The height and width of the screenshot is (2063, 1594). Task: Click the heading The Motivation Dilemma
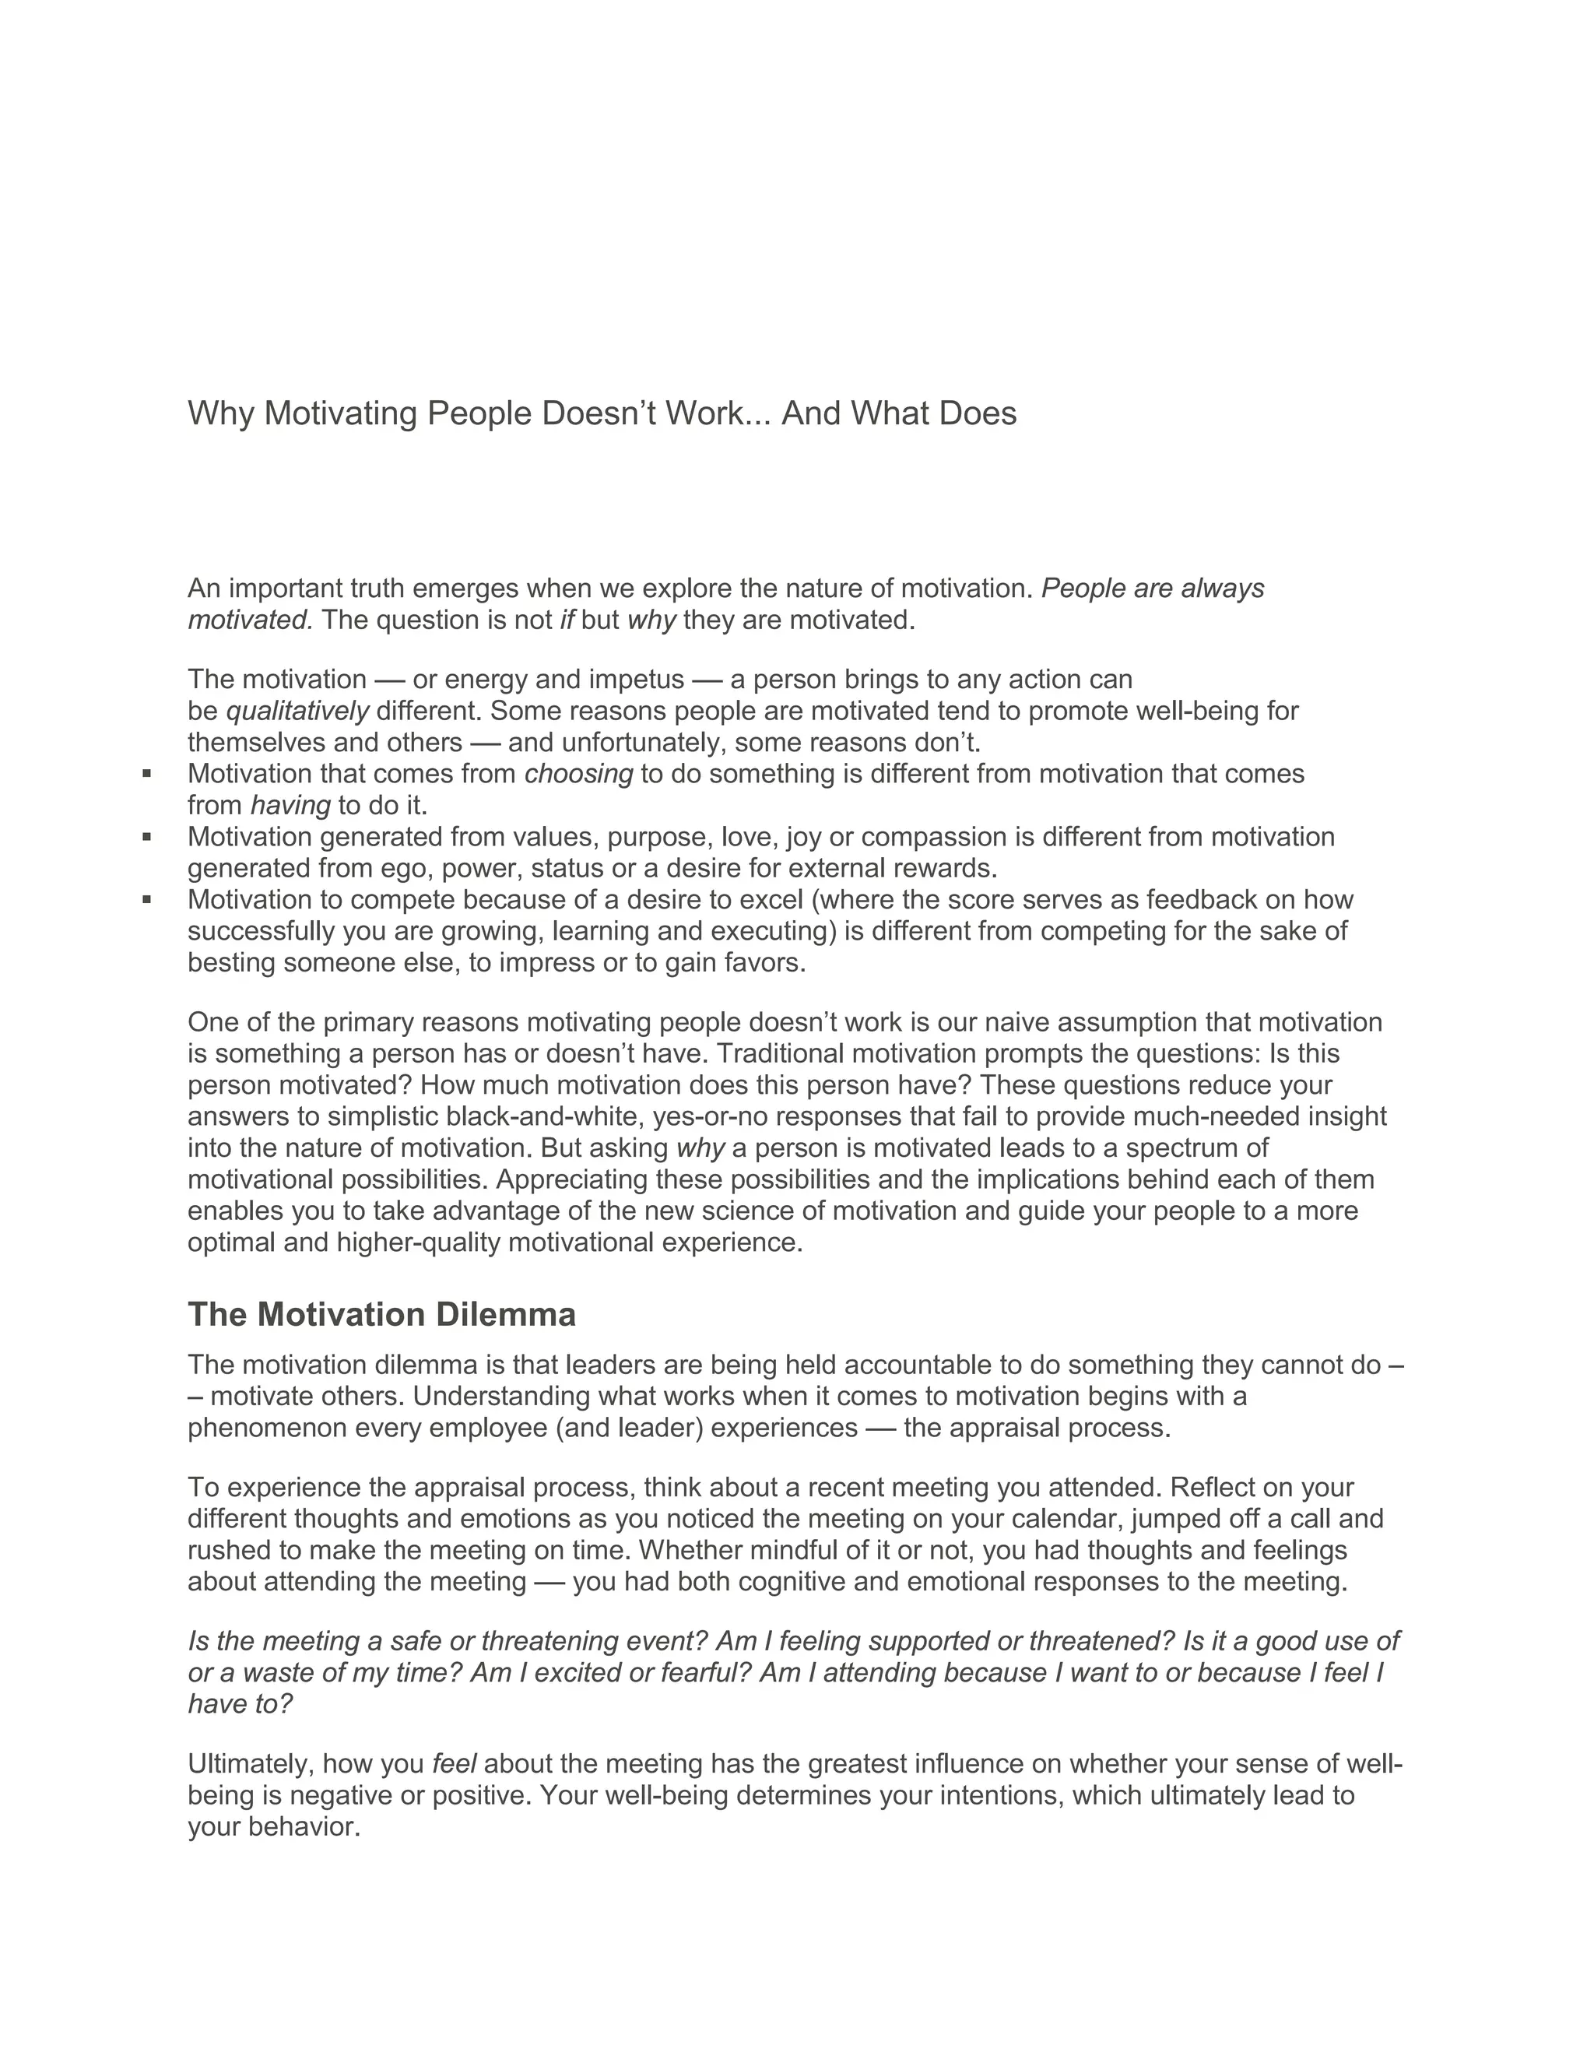pyautogui.click(x=381, y=1314)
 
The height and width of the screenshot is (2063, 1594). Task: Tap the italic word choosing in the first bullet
pyautogui.click(x=578, y=774)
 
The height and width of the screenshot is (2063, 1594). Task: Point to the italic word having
pyautogui.click(x=290, y=805)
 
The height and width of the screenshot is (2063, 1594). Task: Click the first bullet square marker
pyautogui.click(x=147, y=774)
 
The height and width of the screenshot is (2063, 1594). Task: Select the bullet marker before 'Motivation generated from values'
pyautogui.click(x=147, y=836)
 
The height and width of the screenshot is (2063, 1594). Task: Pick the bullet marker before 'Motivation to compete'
pyautogui.click(x=147, y=899)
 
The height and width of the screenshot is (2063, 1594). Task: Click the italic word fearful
pyautogui.click(x=698, y=1673)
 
